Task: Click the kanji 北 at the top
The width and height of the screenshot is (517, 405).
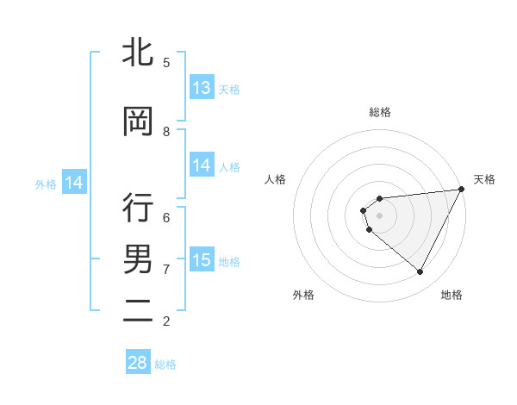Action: [x=138, y=53]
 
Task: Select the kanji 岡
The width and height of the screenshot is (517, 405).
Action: [x=138, y=122]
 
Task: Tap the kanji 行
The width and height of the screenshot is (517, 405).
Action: [x=138, y=209]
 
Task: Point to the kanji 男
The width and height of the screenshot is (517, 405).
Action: [x=138, y=259]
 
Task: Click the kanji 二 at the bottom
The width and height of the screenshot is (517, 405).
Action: [x=138, y=311]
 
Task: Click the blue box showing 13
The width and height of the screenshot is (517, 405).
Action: [x=202, y=88]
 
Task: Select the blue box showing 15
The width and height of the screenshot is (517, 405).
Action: [x=202, y=260]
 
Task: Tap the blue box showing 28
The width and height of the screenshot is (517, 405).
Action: [x=138, y=363]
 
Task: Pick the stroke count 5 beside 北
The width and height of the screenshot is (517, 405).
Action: [x=166, y=63]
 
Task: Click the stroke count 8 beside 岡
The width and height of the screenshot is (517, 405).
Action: [x=166, y=132]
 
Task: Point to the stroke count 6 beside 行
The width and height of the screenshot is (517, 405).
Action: [x=166, y=217]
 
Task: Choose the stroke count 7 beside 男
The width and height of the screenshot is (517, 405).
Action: [x=166, y=269]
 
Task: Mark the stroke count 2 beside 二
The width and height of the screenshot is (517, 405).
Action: [x=166, y=321]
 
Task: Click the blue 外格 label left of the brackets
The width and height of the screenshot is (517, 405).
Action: [x=46, y=184]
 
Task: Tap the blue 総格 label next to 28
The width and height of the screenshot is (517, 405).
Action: [x=165, y=364]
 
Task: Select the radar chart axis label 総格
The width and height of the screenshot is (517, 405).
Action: [x=380, y=112]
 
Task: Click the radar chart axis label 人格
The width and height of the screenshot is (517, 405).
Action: [x=276, y=179]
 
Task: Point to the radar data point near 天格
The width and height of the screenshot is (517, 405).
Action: [x=463, y=190]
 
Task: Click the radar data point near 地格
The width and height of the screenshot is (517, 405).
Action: [x=420, y=272]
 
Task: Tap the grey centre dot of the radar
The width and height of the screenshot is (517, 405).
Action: [x=380, y=215]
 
